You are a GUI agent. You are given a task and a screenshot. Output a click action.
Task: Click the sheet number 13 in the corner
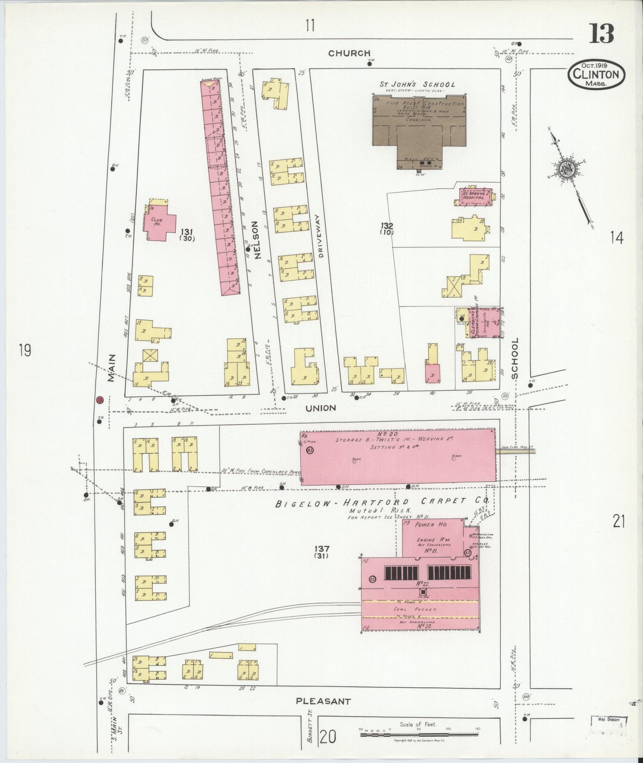click(602, 33)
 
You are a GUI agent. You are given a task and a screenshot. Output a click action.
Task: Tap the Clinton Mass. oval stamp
click(596, 74)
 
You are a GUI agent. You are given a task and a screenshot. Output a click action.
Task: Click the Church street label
click(349, 53)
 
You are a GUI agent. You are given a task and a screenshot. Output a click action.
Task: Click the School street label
click(515, 358)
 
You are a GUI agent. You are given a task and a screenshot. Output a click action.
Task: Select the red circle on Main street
click(100, 399)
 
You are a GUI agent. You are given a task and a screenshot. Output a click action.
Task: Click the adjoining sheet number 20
click(328, 738)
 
